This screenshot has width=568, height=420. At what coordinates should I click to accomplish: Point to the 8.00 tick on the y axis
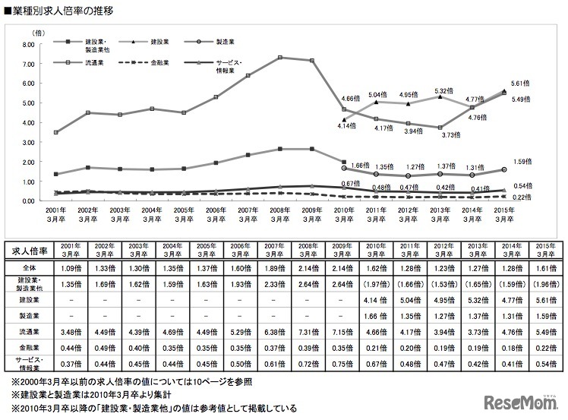[28, 44]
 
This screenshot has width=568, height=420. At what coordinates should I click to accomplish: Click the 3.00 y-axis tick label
[28, 142]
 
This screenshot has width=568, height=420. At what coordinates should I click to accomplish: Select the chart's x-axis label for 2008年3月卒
[280, 213]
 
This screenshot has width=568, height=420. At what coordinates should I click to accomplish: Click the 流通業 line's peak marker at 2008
[280, 58]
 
